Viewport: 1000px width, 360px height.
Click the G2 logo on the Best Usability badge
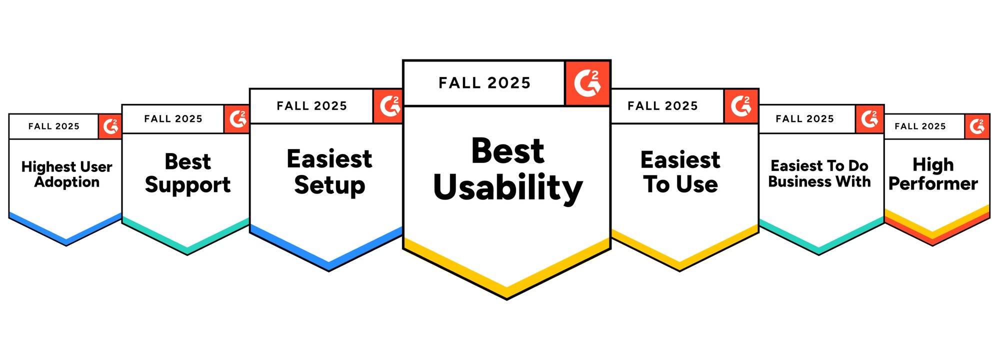click(x=587, y=83)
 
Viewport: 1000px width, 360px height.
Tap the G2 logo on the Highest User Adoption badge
click(x=110, y=126)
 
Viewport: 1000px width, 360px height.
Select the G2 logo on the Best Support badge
click(x=237, y=119)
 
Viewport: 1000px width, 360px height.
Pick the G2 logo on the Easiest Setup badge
click(x=388, y=106)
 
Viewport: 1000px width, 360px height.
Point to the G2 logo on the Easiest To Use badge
click(x=741, y=106)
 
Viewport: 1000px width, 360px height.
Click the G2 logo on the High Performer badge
click(x=977, y=126)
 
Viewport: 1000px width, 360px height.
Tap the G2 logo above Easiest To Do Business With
click(x=870, y=119)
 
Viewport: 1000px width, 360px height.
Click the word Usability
click(x=508, y=188)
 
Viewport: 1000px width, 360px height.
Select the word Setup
click(x=329, y=185)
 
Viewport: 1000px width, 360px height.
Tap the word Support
click(x=188, y=185)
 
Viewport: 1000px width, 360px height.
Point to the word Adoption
click(x=67, y=182)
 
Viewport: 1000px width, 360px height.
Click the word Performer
click(x=933, y=184)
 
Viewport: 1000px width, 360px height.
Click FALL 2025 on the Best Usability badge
click(x=484, y=83)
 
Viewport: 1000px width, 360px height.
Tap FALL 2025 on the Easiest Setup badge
click(x=312, y=106)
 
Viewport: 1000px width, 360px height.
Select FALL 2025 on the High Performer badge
click(x=920, y=126)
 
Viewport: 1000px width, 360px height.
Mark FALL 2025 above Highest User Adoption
click(x=54, y=126)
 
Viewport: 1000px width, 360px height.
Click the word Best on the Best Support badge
click(x=188, y=162)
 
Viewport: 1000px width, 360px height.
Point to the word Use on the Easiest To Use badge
click(x=697, y=184)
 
